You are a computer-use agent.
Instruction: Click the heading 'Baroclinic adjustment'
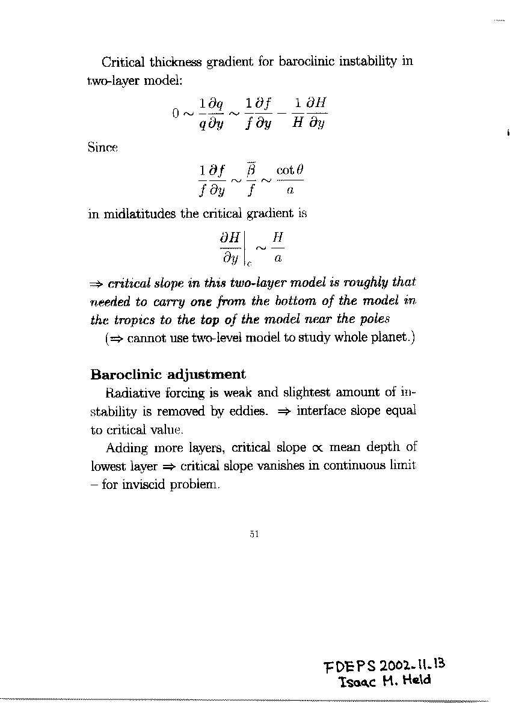[x=168, y=375]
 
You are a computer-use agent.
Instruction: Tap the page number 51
[x=254, y=533]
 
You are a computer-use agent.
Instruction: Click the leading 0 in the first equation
[x=176, y=113]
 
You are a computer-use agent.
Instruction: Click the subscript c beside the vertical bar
[x=248, y=263]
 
